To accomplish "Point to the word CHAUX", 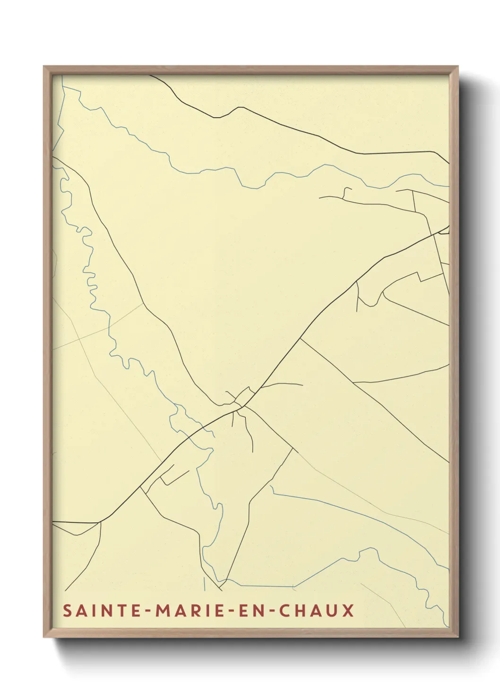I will tap(316, 610).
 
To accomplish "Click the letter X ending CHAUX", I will tap(348, 610).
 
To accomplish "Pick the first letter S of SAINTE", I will tap(68, 610).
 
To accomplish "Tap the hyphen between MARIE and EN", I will tap(232, 611).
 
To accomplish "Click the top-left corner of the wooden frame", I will tap(44, 67).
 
